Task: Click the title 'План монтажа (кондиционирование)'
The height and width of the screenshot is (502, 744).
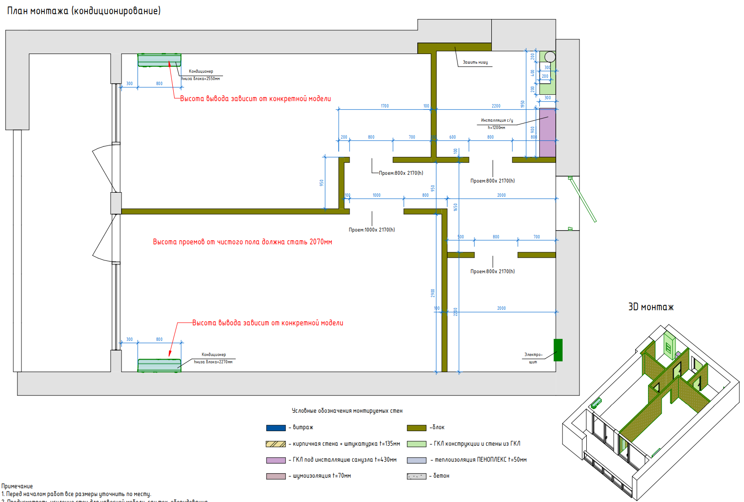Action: [x=84, y=11]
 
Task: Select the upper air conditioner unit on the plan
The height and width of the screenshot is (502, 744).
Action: [x=159, y=60]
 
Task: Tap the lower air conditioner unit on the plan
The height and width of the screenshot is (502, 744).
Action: [x=159, y=365]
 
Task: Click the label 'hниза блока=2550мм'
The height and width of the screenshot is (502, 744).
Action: [x=201, y=79]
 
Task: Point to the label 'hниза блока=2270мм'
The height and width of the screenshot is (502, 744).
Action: [x=213, y=362]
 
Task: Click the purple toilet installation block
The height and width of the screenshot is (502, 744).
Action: [x=547, y=133]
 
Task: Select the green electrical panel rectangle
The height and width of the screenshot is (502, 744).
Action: [x=558, y=350]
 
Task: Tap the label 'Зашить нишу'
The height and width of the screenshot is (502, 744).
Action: [x=475, y=62]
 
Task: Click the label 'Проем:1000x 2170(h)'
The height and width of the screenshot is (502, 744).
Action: [x=372, y=230]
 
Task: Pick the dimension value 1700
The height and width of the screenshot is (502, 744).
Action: [x=385, y=106]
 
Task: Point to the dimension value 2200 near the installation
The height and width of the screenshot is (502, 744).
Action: [x=496, y=106]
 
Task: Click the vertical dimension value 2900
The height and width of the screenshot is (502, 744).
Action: [x=433, y=293]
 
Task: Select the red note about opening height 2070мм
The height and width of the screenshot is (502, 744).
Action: [x=242, y=242]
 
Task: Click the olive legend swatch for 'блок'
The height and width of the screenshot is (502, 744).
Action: [x=416, y=428]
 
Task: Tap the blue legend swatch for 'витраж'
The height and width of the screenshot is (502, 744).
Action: [x=276, y=428]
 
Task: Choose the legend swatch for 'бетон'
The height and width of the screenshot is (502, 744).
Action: [x=416, y=476]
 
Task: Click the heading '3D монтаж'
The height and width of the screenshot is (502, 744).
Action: [x=651, y=307]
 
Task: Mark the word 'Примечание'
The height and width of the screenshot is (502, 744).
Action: [x=17, y=486]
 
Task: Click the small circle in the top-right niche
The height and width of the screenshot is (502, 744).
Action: [x=550, y=57]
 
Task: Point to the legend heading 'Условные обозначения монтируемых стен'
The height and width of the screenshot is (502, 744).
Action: [x=347, y=411]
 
